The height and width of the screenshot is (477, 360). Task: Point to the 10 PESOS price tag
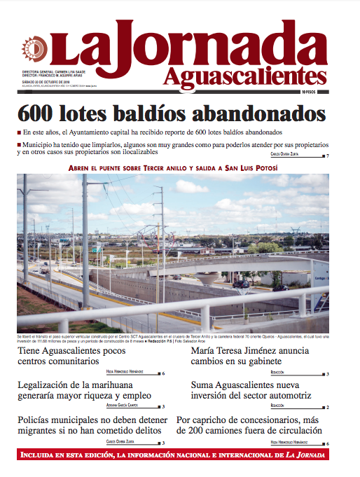pos(313,92)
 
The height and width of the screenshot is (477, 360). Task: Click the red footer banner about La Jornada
pos(180,456)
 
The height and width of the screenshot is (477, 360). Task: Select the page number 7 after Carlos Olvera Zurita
pos(327,155)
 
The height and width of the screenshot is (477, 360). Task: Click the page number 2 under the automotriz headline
pos(327,407)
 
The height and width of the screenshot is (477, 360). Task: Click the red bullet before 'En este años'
pos(18,132)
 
